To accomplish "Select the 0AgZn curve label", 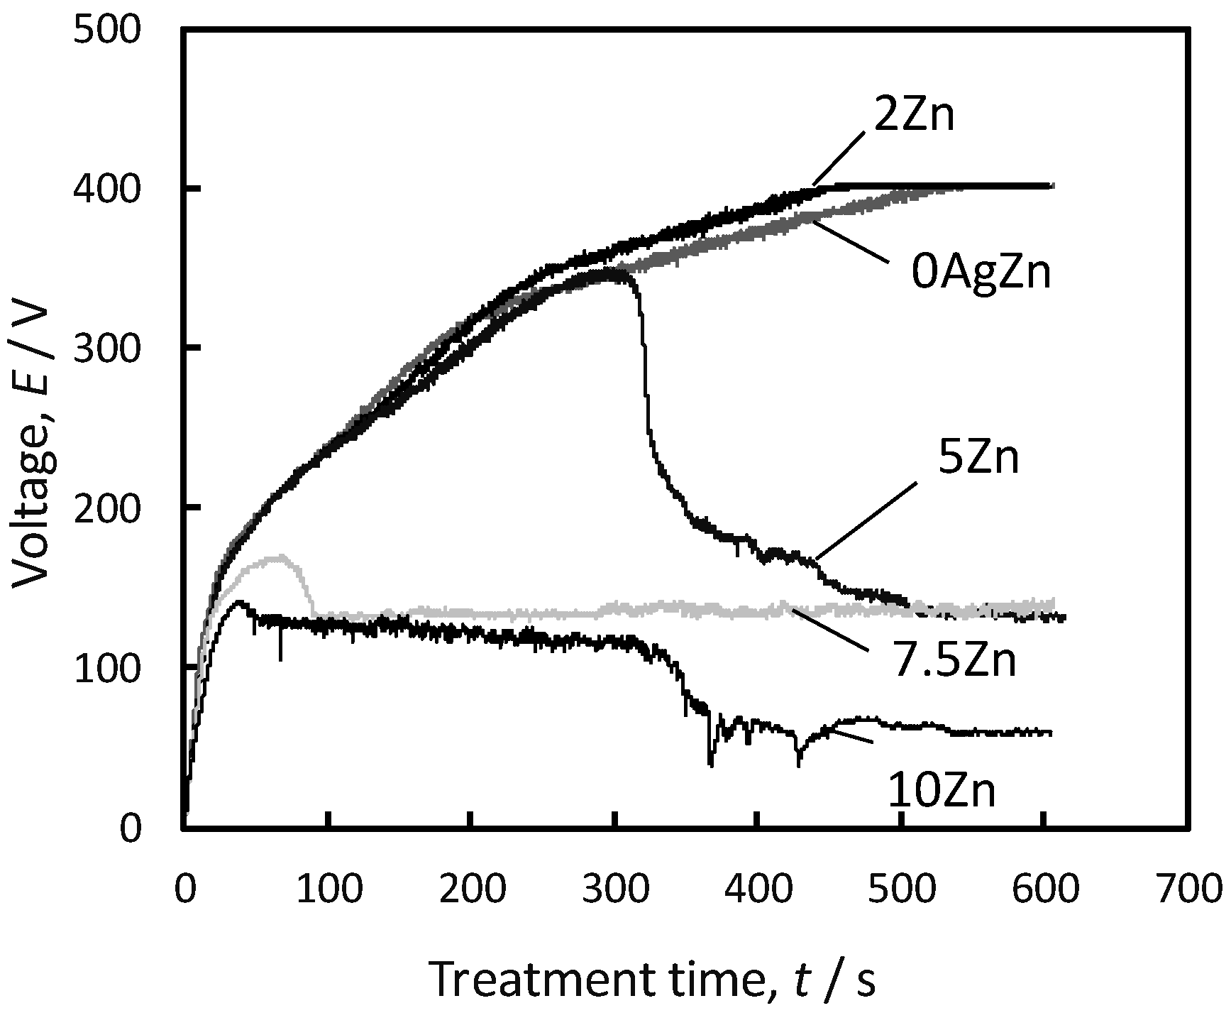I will (x=981, y=273).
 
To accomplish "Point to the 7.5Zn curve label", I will (x=954, y=660).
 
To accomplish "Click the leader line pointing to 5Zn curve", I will (x=863, y=522).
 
